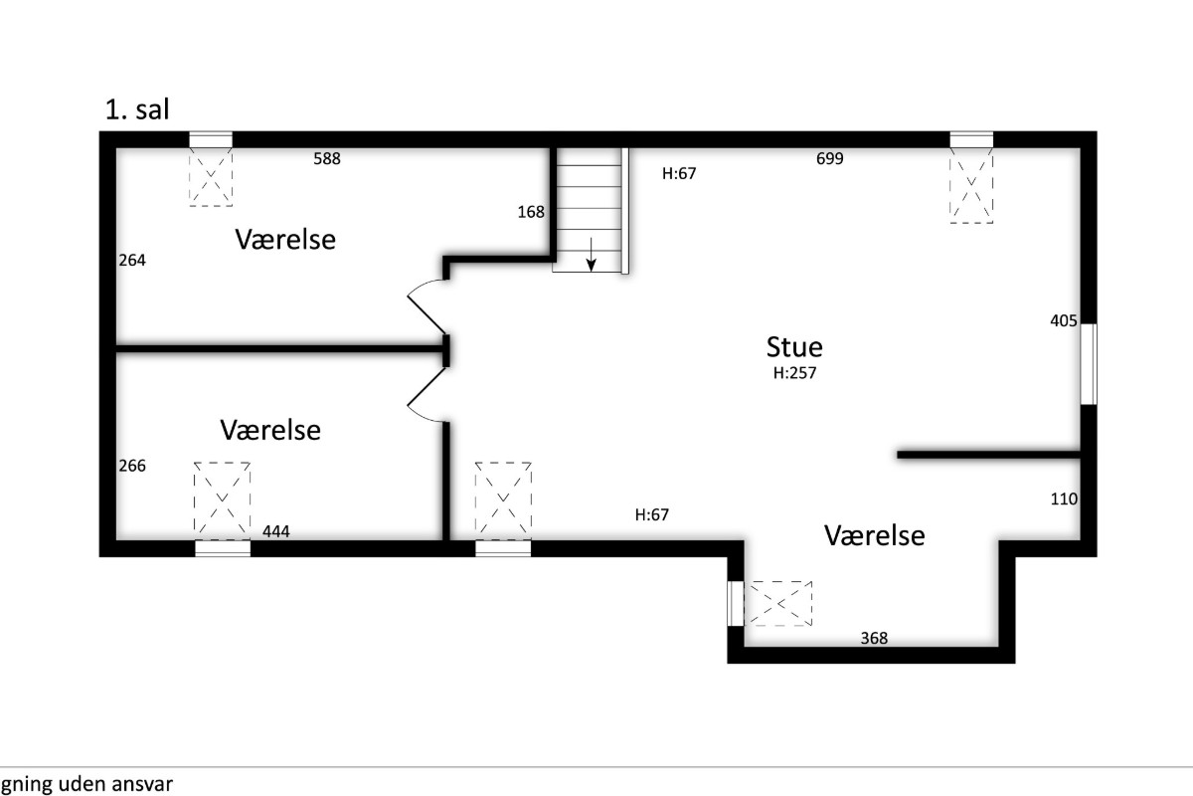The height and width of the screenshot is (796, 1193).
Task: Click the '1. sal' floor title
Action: point(137,109)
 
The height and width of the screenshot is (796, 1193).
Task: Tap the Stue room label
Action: point(794,347)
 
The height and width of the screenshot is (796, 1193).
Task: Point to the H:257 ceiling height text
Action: point(794,373)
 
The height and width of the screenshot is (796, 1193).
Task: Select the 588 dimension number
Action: point(327,158)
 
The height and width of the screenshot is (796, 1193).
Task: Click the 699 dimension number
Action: point(830,158)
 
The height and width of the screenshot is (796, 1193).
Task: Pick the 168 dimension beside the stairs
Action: point(531,212)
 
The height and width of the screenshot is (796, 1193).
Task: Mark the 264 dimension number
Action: point(132,260)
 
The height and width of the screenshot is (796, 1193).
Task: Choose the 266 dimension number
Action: point(132,466)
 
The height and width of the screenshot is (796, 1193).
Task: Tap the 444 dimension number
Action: point(276,531)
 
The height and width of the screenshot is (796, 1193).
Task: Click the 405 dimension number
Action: point(1064,320)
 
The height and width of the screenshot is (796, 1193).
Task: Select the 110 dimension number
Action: point(1064,499)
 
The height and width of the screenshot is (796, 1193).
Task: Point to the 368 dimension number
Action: point(874,638)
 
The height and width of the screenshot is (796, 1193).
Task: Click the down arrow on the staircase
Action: point(591,255)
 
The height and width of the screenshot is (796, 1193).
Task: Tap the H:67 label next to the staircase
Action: point(679,173)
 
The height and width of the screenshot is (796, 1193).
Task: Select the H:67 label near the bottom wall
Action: point(652,514)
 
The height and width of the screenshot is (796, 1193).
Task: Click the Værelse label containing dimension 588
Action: point(285,240)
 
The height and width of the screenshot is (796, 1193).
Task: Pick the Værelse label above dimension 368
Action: point(875,535)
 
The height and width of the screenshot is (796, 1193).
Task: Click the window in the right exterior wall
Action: point(1089,364)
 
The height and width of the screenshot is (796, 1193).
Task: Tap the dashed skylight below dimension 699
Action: point(971,185)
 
